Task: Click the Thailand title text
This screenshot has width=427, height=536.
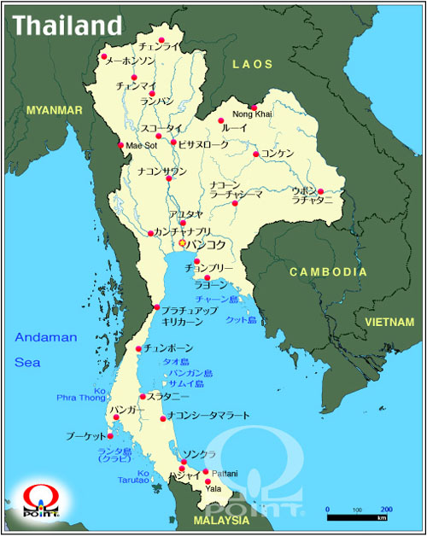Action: [66, 25]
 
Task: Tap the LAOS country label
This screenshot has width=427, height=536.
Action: [252, 64]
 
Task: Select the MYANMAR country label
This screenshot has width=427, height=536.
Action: [55, 111]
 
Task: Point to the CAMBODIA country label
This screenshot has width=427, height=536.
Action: [328, 271]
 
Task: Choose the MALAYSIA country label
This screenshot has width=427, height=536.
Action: [222, 520]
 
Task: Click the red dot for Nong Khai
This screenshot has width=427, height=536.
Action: [254, 108]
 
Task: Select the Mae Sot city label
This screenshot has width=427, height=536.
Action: [142, 145]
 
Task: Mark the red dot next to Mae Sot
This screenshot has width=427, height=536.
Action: [120, 145]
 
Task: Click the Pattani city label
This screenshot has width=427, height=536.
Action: [224, 473]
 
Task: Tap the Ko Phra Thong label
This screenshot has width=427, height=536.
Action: [81, 394]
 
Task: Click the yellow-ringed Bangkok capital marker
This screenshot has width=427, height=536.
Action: [182, 243]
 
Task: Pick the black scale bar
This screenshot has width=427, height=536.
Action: [358, 517]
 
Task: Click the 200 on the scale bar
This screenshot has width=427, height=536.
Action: [386, 509]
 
